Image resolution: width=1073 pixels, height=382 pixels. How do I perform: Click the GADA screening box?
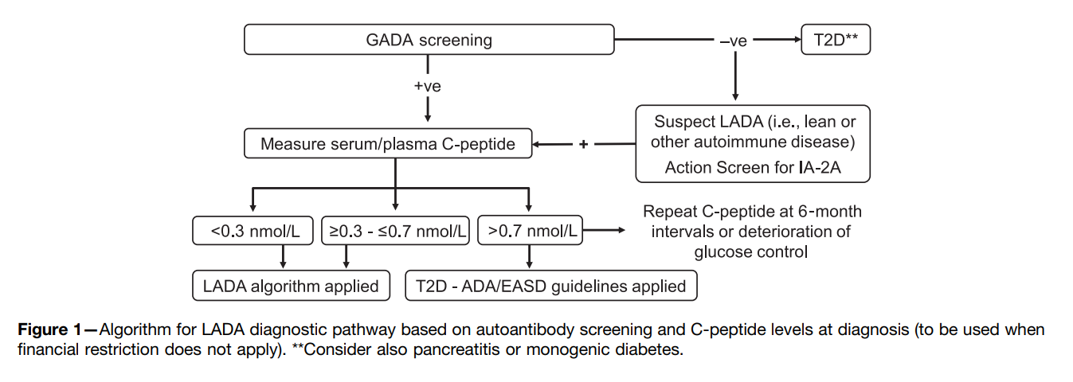(x=429, y=39)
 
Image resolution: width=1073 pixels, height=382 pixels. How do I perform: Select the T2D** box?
(x=836, y=39)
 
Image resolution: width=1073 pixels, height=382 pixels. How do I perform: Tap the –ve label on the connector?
(x=734, y=41)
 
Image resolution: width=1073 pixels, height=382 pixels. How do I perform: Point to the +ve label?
(x=427, y=86)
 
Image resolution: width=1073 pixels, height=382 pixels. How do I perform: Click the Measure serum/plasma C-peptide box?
(x=388, y=143)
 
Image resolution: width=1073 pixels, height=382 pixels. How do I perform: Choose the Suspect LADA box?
(x=753, y=143)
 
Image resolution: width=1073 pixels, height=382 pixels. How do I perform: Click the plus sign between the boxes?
(x=583, y=143)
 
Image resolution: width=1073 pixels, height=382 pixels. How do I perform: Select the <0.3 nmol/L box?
(x=253, y=230)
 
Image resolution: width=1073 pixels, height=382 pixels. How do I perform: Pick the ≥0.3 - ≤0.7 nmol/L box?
(x=395, y=230)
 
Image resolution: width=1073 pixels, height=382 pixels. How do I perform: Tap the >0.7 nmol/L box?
(x=531, y=230)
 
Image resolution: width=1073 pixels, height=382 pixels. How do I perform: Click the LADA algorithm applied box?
(x=292, y=286)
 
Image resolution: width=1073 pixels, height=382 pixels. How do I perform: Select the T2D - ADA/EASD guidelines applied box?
(x=551, y=286)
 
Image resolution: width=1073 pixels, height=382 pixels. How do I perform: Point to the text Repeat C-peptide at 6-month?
(x=752, y=211)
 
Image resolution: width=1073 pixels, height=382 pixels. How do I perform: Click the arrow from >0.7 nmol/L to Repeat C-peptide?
(x=604, y=230)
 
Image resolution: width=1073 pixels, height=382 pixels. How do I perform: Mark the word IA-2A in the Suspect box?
(x=820, y=167)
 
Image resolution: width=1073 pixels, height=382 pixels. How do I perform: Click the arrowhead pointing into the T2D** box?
(x=797, y=39)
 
